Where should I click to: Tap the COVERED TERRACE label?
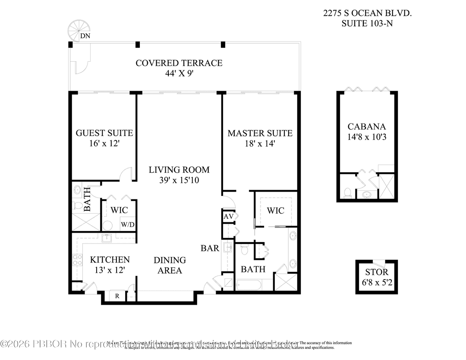(179, 63)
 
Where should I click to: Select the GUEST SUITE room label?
(104, 133)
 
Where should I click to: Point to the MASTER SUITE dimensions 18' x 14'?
(260, 144)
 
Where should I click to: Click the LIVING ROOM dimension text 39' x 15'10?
(179, 180)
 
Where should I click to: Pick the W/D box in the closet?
(127, 224)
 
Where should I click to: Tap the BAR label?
(210, 249)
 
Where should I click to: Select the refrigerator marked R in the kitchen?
(117, 296)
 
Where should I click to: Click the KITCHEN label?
(110, 260)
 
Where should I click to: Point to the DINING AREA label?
(170, 265)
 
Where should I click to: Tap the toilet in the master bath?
(244, 249)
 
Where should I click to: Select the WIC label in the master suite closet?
(275, 211)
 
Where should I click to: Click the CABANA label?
(367, 127)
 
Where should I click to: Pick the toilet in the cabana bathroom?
(348, 192)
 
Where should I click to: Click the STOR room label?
(377, 272)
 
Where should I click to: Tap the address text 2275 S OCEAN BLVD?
(367, 13)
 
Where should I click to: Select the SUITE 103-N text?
(367, 24)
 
